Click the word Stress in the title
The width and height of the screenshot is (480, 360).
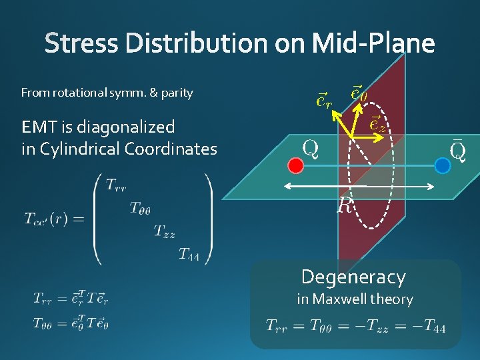tap(81, 44)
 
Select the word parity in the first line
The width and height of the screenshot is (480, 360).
tap(176, 93)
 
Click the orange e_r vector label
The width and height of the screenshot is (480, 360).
tap(323, 101)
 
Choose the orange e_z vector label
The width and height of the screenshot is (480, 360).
tap(377, 123)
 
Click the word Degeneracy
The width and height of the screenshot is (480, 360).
tap(353, 277)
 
